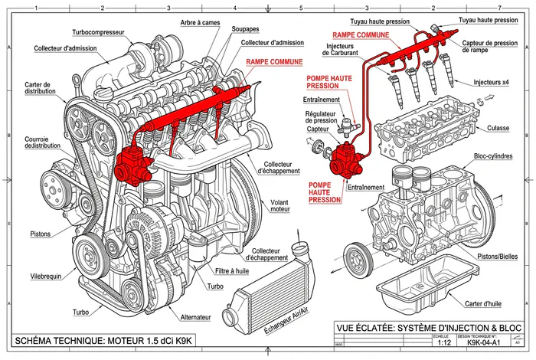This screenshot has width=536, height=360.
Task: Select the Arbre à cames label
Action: click(x=200, y=23)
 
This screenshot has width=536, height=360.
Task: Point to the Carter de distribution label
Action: click(x=38, y=89)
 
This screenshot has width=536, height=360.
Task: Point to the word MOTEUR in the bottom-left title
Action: click(x=138, y=340)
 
